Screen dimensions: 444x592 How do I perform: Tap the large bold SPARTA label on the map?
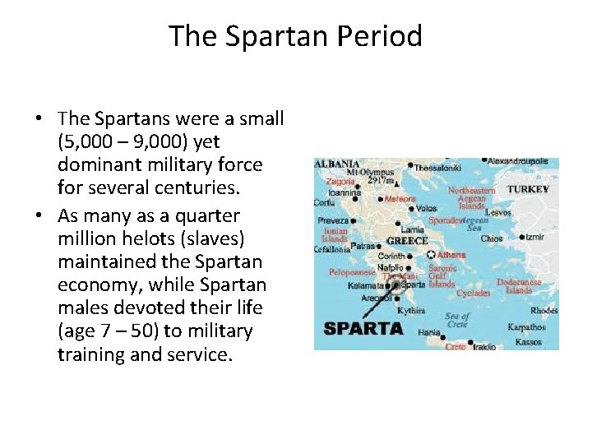point(363,328)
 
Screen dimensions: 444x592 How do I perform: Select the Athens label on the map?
point(451,255)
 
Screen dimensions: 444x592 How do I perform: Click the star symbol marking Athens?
point(432,255)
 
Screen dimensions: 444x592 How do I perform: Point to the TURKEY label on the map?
point(528,189)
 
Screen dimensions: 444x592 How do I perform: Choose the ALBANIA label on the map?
point(336,164)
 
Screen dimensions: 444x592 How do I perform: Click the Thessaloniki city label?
point(439,168)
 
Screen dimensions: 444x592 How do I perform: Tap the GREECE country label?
point(407,241)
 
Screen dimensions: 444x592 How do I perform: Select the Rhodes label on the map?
point(544,311)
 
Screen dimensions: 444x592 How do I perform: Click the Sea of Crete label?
point(456,321)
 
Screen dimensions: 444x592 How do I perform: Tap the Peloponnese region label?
point(352,272)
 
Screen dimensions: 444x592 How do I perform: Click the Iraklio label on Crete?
point(484,347)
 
